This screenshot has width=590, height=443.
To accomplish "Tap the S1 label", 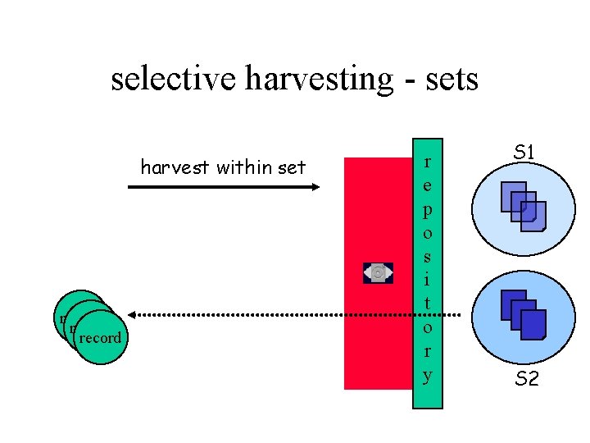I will (524, 152).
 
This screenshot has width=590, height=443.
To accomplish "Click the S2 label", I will (526, 379).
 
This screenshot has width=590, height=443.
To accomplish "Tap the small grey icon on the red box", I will (378, 272).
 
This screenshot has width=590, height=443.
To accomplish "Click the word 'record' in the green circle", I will (101, 338).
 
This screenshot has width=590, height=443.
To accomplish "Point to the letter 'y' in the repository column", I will (426, 376).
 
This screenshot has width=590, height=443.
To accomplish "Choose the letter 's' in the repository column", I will (426, 257).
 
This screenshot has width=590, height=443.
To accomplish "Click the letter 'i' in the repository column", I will (426, 280).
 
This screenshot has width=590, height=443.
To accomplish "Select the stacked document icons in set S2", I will (522, 315).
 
